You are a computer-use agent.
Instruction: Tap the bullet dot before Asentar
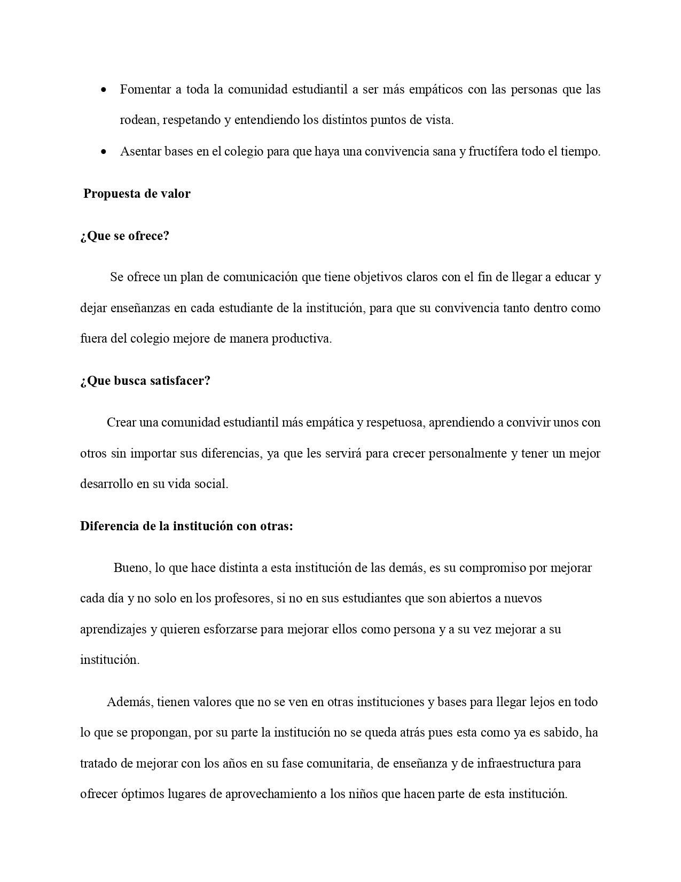click(104, 152)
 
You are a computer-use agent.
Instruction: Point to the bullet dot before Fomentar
click(104, 90)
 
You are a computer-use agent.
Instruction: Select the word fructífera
click(494, 151)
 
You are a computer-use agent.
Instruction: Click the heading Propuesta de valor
click(137, 194)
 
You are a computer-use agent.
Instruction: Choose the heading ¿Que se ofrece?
click(124, 236)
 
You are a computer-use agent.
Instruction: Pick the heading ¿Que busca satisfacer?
click(145, 381)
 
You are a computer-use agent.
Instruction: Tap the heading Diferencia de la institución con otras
click(186, 526)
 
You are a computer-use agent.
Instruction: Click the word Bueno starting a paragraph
click(132, 568)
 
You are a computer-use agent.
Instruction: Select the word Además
click(130, 702)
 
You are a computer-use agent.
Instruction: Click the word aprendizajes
click(113, 629)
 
